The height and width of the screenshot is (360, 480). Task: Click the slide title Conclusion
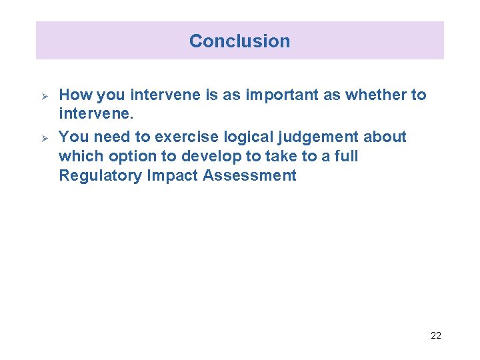pyautogui.click(x=239, y=41)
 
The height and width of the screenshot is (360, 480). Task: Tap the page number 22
pyautogui.click(x=435, y=335)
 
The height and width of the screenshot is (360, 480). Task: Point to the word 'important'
pyautogui.click(x=282, y=95)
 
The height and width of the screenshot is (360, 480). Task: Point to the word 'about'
pyautogui.click(x=385, y=137)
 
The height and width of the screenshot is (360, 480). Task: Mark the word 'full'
pyautogui.click(x=347, y=156)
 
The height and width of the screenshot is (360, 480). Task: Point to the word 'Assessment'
pyautogui.click(x=250, y=176)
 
